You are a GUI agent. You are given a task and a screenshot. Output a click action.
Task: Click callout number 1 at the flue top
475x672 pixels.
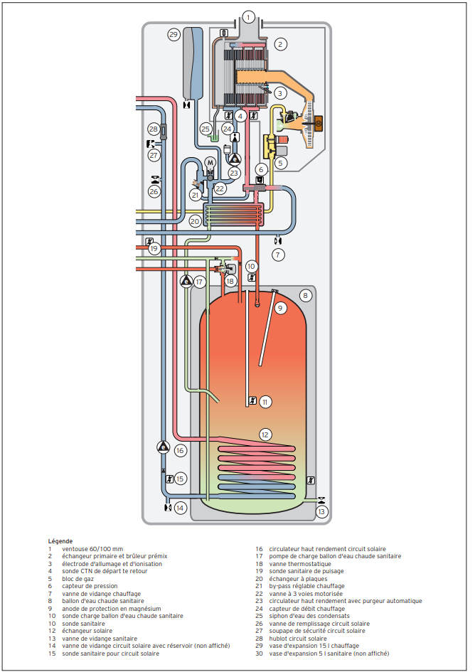248,17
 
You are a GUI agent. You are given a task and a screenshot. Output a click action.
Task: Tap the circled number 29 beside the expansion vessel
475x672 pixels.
174,35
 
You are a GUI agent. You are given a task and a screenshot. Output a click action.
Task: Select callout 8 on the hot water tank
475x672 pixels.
305,295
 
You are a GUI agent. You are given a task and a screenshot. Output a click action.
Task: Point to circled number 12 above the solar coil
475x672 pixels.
265,434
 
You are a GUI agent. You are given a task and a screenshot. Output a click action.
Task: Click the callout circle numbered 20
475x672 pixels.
195,221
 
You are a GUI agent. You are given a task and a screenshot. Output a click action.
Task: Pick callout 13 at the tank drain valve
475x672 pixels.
321,511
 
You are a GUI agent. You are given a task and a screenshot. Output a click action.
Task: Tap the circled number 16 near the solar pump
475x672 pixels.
180,450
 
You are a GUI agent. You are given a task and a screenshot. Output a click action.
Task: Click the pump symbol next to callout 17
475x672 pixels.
186,281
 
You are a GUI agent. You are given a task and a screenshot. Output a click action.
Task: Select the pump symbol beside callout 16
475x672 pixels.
164,447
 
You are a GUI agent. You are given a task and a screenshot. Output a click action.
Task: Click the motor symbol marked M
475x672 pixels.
210,163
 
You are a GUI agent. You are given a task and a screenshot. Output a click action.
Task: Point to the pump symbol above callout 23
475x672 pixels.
234,159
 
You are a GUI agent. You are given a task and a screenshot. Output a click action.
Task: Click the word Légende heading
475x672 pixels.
60,541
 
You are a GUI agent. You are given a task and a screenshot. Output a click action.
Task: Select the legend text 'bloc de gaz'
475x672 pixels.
78,579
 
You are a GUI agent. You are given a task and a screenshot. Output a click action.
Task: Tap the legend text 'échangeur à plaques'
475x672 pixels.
298,579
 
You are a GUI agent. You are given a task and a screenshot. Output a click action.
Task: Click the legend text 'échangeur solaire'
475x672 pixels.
87,631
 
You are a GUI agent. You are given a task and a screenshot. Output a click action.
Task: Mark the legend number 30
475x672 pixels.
260,654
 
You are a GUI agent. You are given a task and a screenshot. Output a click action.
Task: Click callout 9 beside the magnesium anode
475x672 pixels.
280,308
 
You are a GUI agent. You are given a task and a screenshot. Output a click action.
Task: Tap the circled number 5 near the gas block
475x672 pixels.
280,163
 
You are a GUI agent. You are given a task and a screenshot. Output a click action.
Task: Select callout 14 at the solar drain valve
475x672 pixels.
180,508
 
